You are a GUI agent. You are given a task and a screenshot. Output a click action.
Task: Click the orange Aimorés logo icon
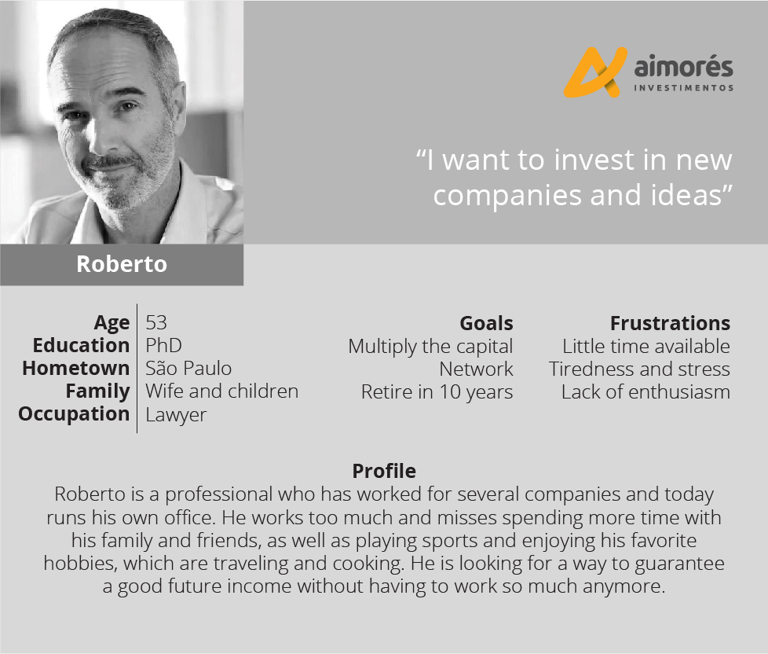tap(595, 72)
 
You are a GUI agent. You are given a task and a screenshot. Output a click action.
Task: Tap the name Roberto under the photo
tap(122, 264)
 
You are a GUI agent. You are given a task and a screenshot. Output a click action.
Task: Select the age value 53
tap(156, 322)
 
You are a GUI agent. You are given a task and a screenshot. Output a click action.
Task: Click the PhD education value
tap(163, 346)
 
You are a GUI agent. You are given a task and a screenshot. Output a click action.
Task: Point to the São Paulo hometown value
tap(188, 368)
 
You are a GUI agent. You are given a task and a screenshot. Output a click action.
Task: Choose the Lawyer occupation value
tap(176, 415)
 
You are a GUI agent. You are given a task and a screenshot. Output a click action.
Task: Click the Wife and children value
tap(222, 391)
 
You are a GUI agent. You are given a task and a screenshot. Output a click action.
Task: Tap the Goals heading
tap(486, 323)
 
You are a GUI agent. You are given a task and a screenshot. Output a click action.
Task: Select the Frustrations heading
tap(670, 323)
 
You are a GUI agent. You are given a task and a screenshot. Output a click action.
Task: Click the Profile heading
tap(384, 471)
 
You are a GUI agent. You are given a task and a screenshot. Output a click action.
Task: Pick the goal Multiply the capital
tap(430, 347)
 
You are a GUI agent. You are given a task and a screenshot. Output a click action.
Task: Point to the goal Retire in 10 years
tap(437, 392)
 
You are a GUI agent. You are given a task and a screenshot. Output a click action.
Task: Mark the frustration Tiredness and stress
tap(639, 369)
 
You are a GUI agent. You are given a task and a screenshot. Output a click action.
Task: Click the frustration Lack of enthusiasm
tap(645, 391)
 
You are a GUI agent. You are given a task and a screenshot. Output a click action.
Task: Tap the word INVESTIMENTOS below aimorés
tap(684, 88)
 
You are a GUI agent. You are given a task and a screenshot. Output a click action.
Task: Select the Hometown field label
tap(76, 368)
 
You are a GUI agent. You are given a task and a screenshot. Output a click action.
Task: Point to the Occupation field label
tap(74, 414)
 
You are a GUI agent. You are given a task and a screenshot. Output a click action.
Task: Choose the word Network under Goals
tap(476, 369)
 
